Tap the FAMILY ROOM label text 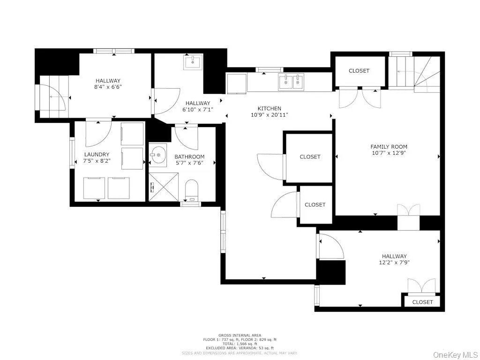(389, 147)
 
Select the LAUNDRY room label (97, 154)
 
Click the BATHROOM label (189, 157)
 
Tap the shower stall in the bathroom (164, 187)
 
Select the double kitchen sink (291, 82)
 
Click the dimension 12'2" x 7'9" (394, 262)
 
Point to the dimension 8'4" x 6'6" (108, 87)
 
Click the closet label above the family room (359, 71)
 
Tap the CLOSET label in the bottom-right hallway (422, 302)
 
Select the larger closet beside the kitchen (310, 157)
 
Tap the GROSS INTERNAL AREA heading (240, 335)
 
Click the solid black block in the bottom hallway (331, 272)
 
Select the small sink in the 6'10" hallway (193, 61)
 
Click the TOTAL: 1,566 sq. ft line (240, 344)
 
